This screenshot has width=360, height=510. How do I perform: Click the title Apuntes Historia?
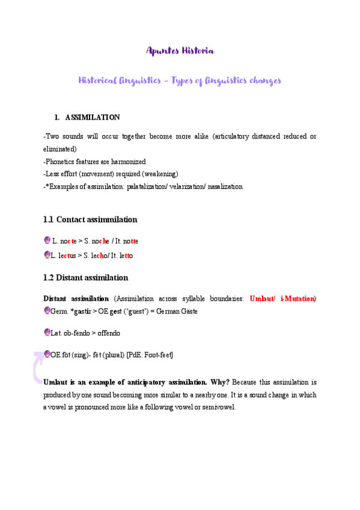pyautogui.click(x=180, y=51)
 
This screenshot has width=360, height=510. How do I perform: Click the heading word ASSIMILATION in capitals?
pyautogui.click(x=92, y=117)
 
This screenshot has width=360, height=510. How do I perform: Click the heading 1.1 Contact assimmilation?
pyautogui.click(x=90, y=220)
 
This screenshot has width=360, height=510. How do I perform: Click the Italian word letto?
pyautogui.click(x=125, y=256)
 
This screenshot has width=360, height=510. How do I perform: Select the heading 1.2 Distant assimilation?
pyautogui.click(x=85, y=278)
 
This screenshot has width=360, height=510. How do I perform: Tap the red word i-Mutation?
pyautogui.click(x=297, y=298)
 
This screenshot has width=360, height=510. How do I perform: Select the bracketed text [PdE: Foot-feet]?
pyautogui.click(x=150, y=355)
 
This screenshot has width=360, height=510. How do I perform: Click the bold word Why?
pyautogui.click(x=219, y=382)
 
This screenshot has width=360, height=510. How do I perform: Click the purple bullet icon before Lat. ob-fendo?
pyautogui.click(x=47, y=332)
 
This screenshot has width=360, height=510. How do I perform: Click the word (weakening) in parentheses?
pyautogui.click(x=160, y=174)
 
